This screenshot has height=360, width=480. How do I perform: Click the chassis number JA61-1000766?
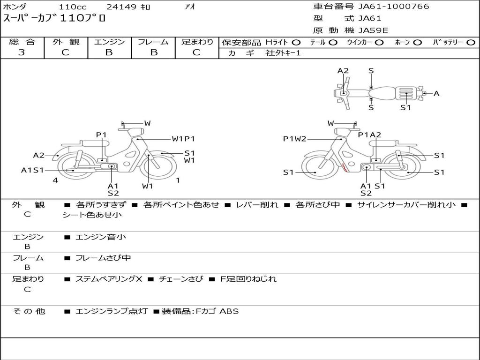394,7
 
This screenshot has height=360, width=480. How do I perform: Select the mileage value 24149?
121,7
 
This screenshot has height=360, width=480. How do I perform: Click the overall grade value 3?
22,52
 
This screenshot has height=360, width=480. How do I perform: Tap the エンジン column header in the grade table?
109,42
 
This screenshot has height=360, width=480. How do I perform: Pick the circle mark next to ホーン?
417,43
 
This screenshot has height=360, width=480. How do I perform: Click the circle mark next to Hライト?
296,43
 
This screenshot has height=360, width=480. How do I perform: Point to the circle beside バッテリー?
471,43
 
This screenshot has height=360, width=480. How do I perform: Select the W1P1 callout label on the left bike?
183,139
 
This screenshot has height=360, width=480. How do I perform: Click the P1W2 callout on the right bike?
294,139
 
